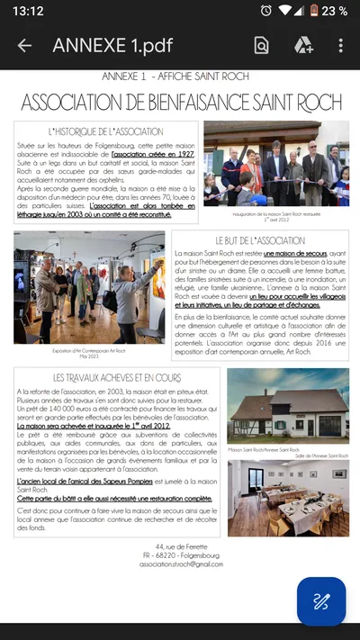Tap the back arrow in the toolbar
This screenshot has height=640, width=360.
click(24, 46)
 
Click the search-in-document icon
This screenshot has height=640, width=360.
click(261, 46)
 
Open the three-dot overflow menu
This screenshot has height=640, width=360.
click(341, 46)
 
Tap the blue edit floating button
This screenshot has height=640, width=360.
click(321, 601)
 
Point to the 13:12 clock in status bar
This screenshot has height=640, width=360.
click(29, 11)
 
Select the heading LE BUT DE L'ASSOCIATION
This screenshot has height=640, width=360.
click(260, 241)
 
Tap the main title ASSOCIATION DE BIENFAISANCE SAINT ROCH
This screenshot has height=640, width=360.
click(180, 100)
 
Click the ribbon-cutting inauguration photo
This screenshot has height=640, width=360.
click(275, 163)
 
